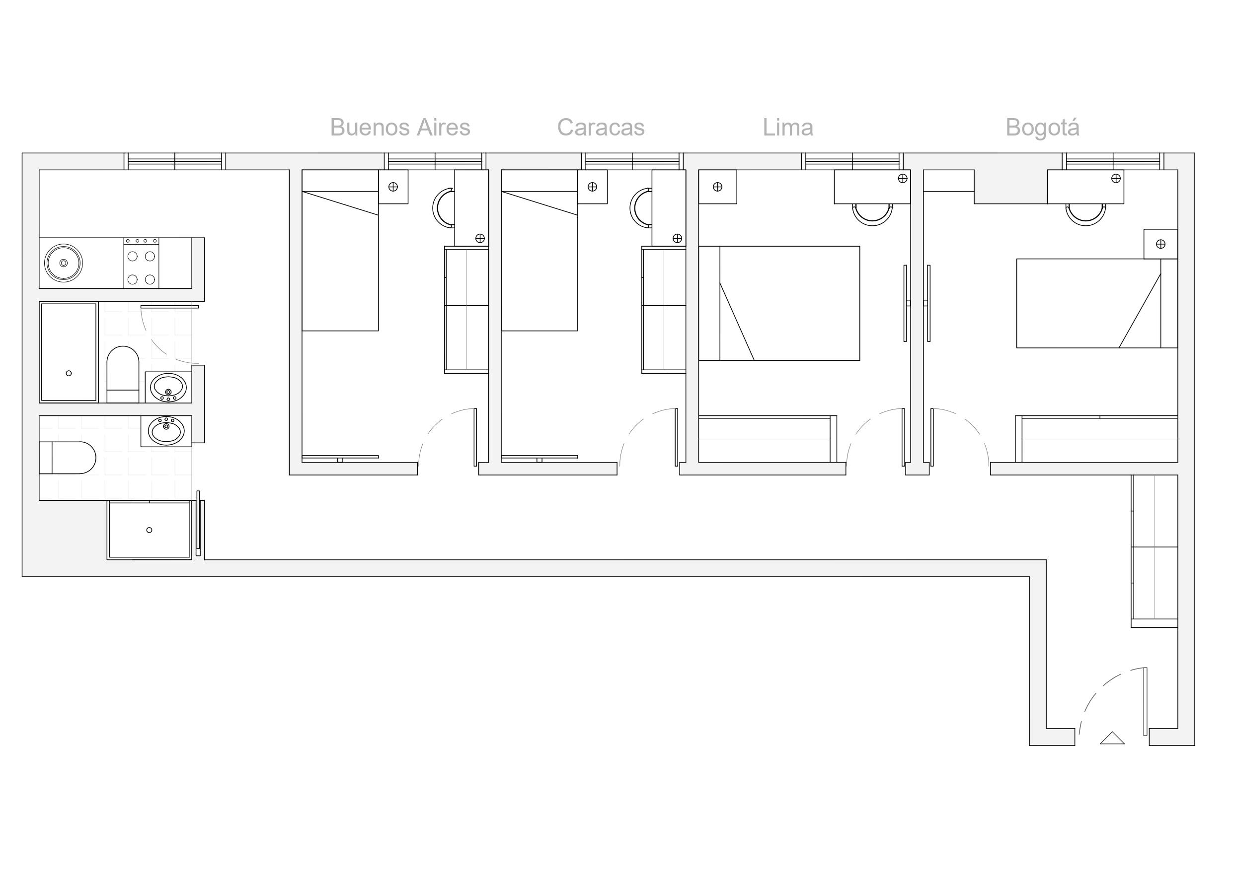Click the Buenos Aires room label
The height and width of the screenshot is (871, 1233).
pyautogui.click(x=400, y=128)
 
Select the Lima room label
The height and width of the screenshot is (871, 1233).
pyautogui.click(x=788, y=128)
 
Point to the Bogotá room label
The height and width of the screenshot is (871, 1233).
pyautogui.click(x=1042, y=128)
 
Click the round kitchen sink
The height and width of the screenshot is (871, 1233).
pyautogui.click(x=64, y=263)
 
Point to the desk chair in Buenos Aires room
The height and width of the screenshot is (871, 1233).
pyautogui.click(x=444, y=207)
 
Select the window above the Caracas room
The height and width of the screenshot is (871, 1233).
pyautogui.click(x=632, y=161)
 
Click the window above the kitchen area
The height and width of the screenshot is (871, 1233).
pyautogui.click(x=174, y=161)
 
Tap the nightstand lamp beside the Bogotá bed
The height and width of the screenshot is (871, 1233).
pyautogui.click(x=1160, y=244)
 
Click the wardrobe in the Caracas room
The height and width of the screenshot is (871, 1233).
pyautogui.click(x=664, y=310)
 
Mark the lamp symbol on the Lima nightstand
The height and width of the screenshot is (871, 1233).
pyautogui.click(x=717, y=187)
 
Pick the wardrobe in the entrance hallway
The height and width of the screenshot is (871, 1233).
pyautogui.click(x=1155, y=551)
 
